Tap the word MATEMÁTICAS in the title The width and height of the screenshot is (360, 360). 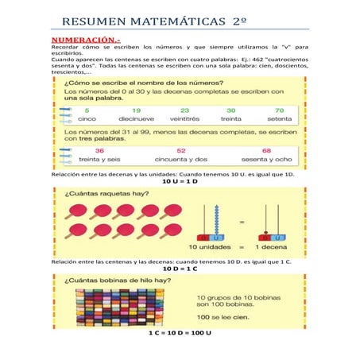tap(168, 21)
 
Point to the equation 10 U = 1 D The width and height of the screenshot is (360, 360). tap(179, 182)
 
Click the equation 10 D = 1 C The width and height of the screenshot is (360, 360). tap(179, 269)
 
